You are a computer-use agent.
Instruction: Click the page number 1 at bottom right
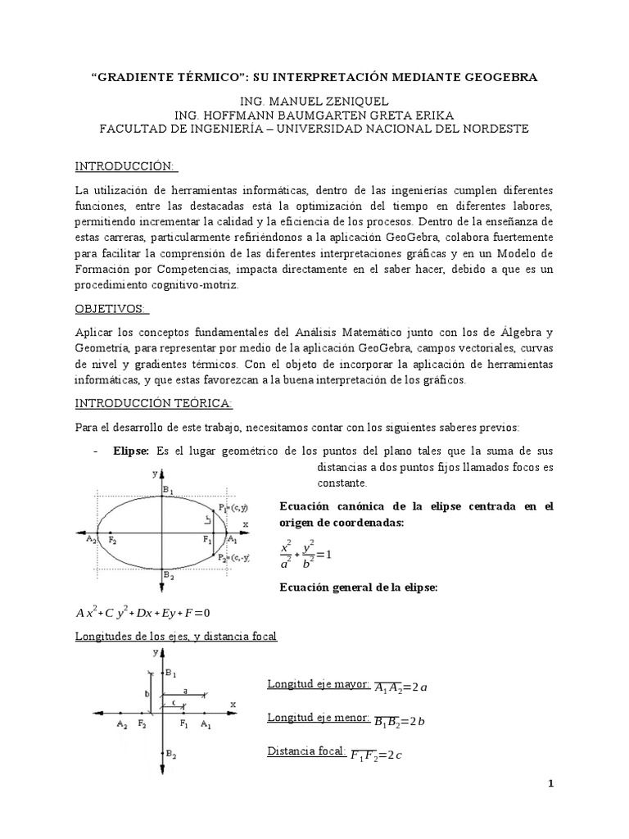[x=551, y=783]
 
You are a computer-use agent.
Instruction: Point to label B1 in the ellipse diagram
[x=168, y=490]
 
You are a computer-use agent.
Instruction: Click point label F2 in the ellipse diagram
[x=112, y=542]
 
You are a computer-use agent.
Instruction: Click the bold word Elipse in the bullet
[x=131, y=451]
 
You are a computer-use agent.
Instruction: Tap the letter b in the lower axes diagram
[x=147, y=693]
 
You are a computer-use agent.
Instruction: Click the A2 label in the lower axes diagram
[x=121, y=725]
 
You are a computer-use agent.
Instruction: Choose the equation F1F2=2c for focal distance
[x=376, y=755]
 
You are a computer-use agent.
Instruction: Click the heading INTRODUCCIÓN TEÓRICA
[x=154, y=403]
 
